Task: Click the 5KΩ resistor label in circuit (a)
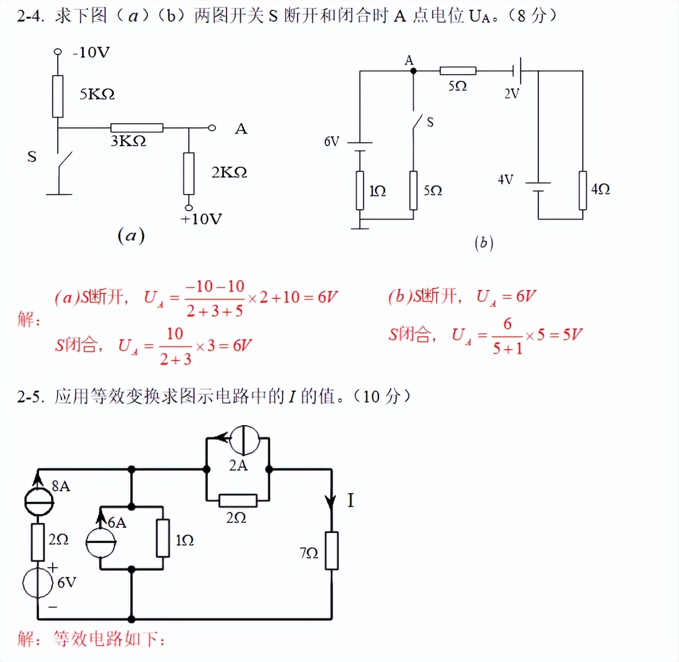(x=97, y=94)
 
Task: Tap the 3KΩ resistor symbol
(x=137, y=128)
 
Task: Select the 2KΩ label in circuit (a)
(x=229, y=172)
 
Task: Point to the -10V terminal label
(x=91, y=52)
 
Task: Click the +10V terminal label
(x=201, y=219)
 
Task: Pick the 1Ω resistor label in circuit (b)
(x=377, y=191)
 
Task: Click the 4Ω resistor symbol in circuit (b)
(x=583, y=190)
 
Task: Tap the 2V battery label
(x=512, y=93)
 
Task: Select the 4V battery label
(x=505, y=180)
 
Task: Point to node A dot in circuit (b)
(x=414, y=71)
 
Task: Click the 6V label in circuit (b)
(x=332, y=142)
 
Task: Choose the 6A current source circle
(x=101, y=542)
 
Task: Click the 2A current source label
(x=238, y=466)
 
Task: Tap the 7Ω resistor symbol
(x=332, y=551)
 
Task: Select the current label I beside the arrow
(x=350, y=501)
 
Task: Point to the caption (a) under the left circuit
(x=131, y=236)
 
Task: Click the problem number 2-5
(x=30, y=397)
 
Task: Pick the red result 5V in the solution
(x=572, y=335)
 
